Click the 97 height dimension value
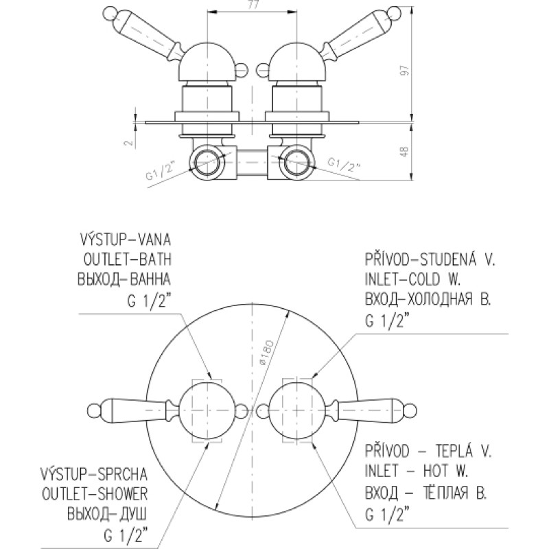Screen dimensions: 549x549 point(406,70)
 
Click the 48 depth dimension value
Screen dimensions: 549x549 point(404,152)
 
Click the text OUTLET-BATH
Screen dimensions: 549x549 point(128,260)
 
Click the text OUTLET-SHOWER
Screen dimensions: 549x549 point(95,494)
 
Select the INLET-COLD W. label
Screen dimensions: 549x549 point(413,279)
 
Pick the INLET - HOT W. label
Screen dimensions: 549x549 point(417,471)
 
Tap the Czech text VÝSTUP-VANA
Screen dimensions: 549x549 point(126,240)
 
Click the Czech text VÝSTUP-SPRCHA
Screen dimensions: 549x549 point(94,474)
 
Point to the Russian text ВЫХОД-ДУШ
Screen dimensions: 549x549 point(107,514)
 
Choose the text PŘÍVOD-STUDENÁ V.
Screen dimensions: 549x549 point(430,259)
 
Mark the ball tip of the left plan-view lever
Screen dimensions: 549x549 point(94,410)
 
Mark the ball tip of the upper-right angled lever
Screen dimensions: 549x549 point(397,13)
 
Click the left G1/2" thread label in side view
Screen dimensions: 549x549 point(160,171)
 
